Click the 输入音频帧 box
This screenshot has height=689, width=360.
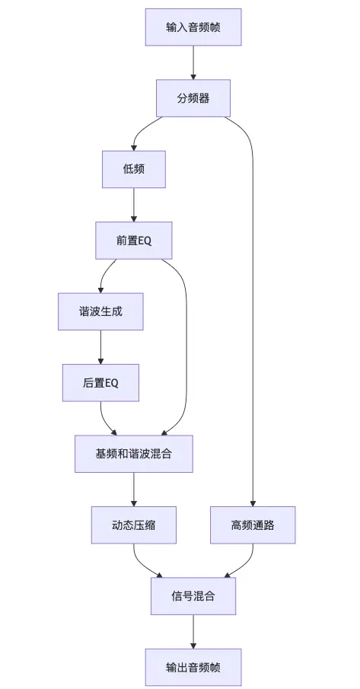pyautogui.click(x=193, y=27)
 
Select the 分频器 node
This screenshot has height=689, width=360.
pyautogui.click(x=193, y=98)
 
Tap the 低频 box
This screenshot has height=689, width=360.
pyautogui.click(x=134, y=169)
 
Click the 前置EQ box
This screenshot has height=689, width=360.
pyautogui.click(x=134, y=241)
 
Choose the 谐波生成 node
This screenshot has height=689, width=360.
pyautogui.click(x=100, y=311)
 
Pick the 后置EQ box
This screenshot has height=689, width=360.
pyautogui.click(x=100, y=382)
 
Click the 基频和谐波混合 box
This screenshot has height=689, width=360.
pyautogui.click(x=134, y=454)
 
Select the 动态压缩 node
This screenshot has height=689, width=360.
pyautogui.click(x=134, y=525)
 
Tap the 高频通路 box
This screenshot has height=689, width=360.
pyautogui.click(x=253, y=525)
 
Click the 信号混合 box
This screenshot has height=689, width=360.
pyautogui.click(x=193, y=596)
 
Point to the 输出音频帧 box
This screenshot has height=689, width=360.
pyautogui.click(x=193, y=667)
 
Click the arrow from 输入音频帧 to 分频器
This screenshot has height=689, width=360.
pyautogui.click(x=193, y=62)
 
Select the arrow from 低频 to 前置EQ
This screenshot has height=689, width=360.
pyautogui.click(x=134, y=205)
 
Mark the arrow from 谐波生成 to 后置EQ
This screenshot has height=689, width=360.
pyautogui.click(x=100, y=346)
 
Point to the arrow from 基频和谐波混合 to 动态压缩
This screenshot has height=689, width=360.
pyautogui.click(x=134, y=489)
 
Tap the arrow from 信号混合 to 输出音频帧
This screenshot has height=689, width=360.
pyautogui.click(x=193, y=631)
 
